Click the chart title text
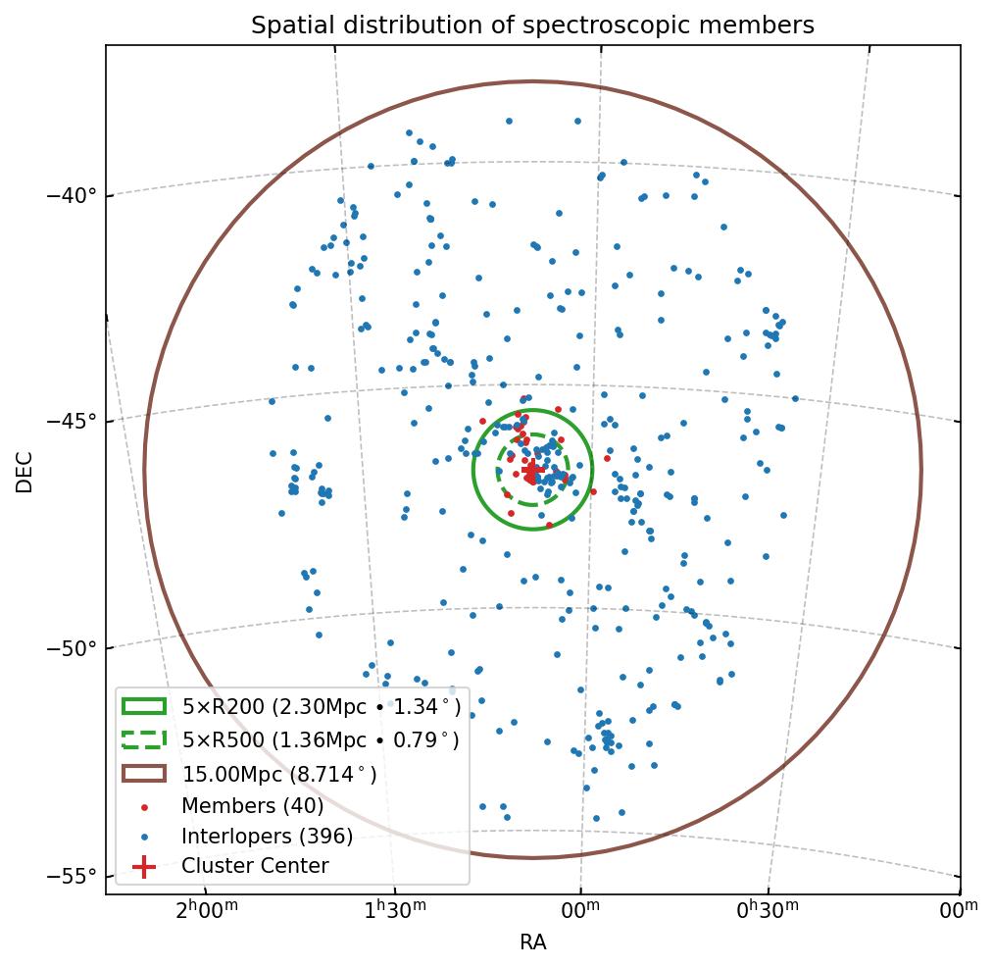(532, 25)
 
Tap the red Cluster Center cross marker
(532, 471)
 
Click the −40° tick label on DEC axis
(73, 195)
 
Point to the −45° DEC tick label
(73, 422)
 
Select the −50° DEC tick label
(73, 648)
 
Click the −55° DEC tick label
(73, 875)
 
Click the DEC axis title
(25, 471)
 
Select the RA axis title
(532, 943)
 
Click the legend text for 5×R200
(321, 707)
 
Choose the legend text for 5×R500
(320, 740)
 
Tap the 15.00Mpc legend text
(279, 774)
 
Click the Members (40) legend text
(252, 806)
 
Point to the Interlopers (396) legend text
(267, 837)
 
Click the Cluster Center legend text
(255, 866)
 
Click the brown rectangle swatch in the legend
(144, 774)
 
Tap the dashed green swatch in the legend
(144, 740)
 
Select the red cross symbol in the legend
(144, 866)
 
